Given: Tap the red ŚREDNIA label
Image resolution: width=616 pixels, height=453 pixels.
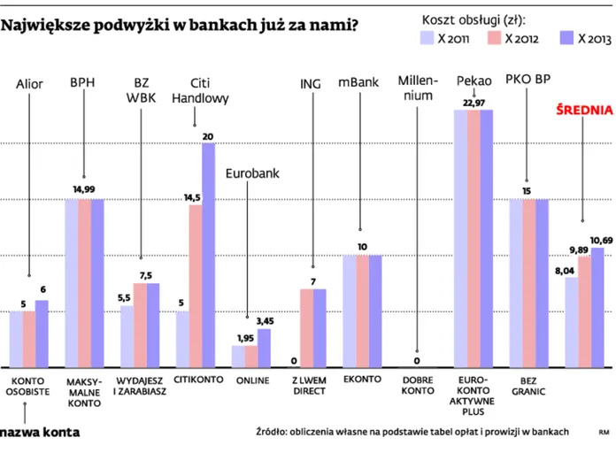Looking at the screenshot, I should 583,110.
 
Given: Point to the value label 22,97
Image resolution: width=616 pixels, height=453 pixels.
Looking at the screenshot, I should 474,103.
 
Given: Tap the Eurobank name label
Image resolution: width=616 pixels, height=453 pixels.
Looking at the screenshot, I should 252,173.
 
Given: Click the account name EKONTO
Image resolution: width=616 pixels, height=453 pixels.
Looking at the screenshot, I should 362,380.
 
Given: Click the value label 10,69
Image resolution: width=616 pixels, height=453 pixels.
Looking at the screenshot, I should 601,240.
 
